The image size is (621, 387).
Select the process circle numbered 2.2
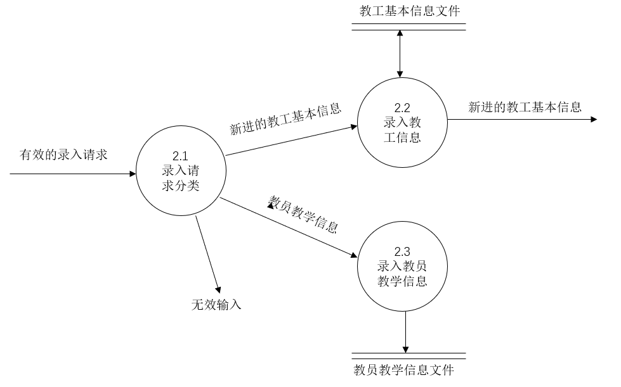point(402,122)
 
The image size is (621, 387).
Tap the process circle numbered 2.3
point(402,267)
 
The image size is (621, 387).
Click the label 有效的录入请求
point(63,155)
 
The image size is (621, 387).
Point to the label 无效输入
point(216,305)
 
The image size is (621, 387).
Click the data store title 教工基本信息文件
point(409,11)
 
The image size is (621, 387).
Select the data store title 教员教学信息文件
point(403,369)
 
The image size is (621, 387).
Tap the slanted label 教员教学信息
point(303,213)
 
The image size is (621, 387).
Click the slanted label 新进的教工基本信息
point(285,119)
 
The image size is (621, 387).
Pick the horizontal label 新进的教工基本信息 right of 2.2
point(525,106)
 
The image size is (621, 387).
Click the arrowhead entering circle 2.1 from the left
point(132,173)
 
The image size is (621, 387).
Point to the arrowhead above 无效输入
point(217,286)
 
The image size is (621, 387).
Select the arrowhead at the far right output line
point(594,118)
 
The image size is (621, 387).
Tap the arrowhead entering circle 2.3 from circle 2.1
point(353,255)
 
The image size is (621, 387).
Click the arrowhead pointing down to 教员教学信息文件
point(405,348)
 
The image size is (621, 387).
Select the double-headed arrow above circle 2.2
point(399,53)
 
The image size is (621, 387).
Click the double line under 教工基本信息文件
point(409,27)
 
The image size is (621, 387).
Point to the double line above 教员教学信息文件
point(409,356)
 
